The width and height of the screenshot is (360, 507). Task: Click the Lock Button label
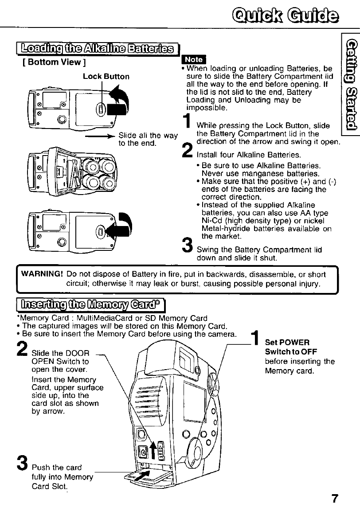(106, 76)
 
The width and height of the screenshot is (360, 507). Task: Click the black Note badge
(193, 59)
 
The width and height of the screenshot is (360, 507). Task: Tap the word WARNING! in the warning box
(40, 274)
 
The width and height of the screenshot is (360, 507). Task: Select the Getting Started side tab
(349, 85)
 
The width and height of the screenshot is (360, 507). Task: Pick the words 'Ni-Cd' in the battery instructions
(211, 221)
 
